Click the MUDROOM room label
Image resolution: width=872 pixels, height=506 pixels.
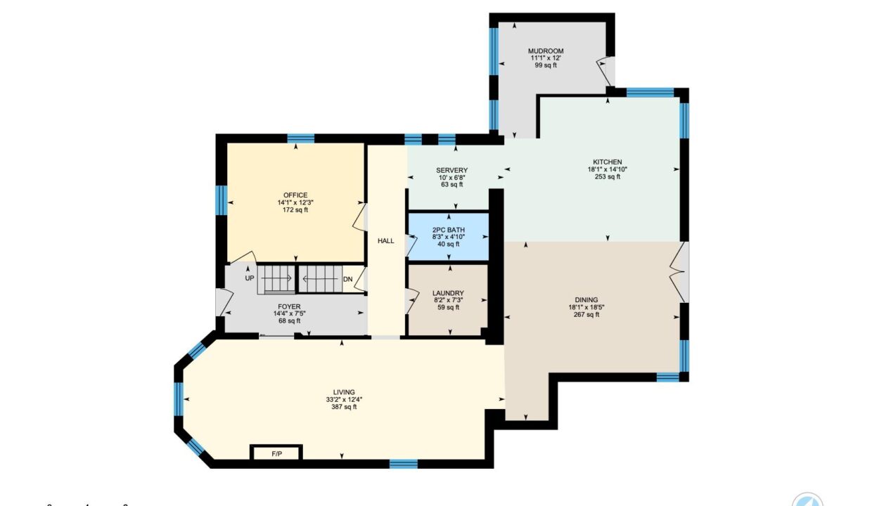pos(546,51)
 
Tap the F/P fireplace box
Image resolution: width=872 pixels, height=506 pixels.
pos(276,453)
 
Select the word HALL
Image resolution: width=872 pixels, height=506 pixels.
pos(386,241)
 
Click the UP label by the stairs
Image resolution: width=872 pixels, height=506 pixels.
pos(250,278)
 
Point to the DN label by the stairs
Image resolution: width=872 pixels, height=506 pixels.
pos(347,279)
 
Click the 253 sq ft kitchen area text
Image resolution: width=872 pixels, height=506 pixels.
pos(608,176)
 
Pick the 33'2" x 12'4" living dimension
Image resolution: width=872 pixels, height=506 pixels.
pos(344,399)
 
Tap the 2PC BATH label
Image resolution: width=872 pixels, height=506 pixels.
pos(449,230)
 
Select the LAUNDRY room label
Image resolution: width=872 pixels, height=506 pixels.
pos(448,293)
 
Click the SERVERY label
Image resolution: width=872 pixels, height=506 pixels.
pos(451,170)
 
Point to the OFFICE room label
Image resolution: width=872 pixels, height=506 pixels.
pos(295,195)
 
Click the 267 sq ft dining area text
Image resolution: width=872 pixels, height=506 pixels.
pos(586,314)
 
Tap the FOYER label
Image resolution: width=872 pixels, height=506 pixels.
pos(289,306)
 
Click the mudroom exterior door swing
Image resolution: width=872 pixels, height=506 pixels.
pos(606,72)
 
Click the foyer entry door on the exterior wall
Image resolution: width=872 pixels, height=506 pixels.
pos(224,301)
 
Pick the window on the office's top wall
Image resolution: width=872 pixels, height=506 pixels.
pos(300,139)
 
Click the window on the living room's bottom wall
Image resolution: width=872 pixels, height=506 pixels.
pos(404,464)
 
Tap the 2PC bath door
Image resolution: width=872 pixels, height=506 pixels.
pos(411,245)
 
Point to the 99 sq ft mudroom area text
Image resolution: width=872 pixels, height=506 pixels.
pos(546,65)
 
